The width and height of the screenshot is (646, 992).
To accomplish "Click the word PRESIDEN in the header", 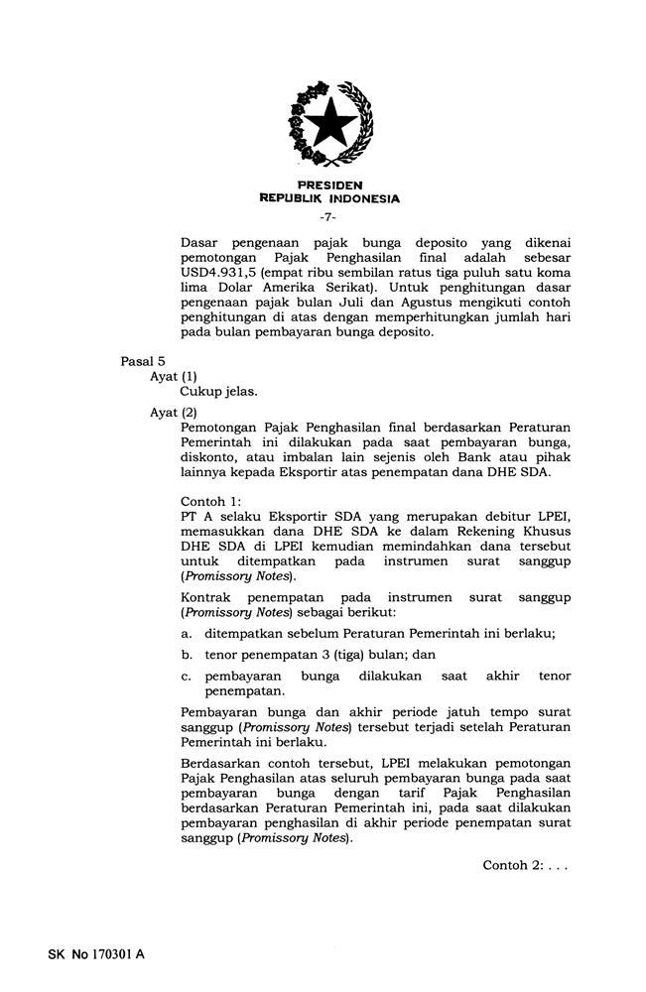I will [329, 186].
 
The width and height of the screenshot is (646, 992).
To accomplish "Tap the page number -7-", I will [329, 216].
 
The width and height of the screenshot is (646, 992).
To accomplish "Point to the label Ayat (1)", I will [174, 377].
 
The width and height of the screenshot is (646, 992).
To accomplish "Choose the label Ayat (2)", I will [174, 412].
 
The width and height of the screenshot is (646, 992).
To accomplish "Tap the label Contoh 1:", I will [211, 502].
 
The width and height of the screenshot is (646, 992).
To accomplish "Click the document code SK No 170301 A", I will [96, 955].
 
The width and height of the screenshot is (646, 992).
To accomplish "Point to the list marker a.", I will [186, 634].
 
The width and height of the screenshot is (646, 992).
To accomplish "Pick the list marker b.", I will [186, 655].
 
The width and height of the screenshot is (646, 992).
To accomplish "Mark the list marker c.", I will [186, 676].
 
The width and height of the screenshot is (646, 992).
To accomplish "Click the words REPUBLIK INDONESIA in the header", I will [329, 198].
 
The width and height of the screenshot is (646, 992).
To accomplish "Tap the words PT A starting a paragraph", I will [194, 517].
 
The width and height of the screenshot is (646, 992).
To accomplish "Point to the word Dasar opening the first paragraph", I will [201, 242].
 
